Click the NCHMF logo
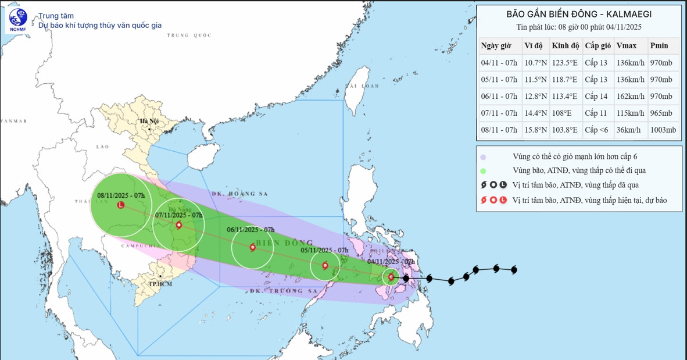click(18, 21)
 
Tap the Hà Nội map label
click(149, 121)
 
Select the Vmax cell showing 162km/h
click(630, 97)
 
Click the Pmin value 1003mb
click(663, 130)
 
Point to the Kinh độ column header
click(566, 46)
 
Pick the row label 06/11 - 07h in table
click(499, 97)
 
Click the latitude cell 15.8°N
click(535, 130)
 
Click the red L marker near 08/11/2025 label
click(121, 205)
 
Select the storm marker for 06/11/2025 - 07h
click(252, 248)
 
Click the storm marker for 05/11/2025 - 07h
click(325, 266)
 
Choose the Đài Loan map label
click(361, 86)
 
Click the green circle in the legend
click(483, 171)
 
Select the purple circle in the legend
click(483, 157)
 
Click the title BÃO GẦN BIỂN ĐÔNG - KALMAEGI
click(578, 14)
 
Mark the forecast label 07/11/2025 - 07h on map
click(179, 215)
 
